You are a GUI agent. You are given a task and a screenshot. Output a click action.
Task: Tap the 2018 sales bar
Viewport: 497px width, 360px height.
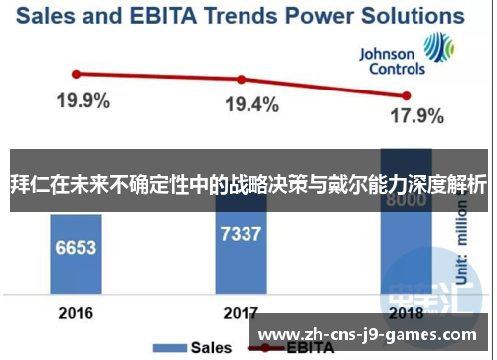(x=406, y=239)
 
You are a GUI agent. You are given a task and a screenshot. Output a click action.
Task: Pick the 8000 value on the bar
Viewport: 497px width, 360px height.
(x=406, y=200)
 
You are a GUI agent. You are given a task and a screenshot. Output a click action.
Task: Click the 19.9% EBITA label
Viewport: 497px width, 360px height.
(x=83, y=100)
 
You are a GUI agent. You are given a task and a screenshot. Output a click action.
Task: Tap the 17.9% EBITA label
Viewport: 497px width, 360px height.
(x=416, y=116)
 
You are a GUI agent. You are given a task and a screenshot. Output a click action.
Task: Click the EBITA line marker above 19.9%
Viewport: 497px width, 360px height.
(x=76, y=73)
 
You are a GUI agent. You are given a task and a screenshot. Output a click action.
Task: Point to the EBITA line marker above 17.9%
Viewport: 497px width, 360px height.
(x=406, y=95)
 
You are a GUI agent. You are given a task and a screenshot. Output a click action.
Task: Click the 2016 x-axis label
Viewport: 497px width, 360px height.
(x=76, y=313)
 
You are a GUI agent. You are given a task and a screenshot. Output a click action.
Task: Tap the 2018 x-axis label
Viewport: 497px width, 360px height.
(x=406, y=313)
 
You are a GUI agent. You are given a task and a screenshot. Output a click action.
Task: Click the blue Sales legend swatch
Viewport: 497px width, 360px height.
(x=171, y=349)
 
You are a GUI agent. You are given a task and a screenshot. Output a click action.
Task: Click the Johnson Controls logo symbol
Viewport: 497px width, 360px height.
(x=438, y=48)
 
